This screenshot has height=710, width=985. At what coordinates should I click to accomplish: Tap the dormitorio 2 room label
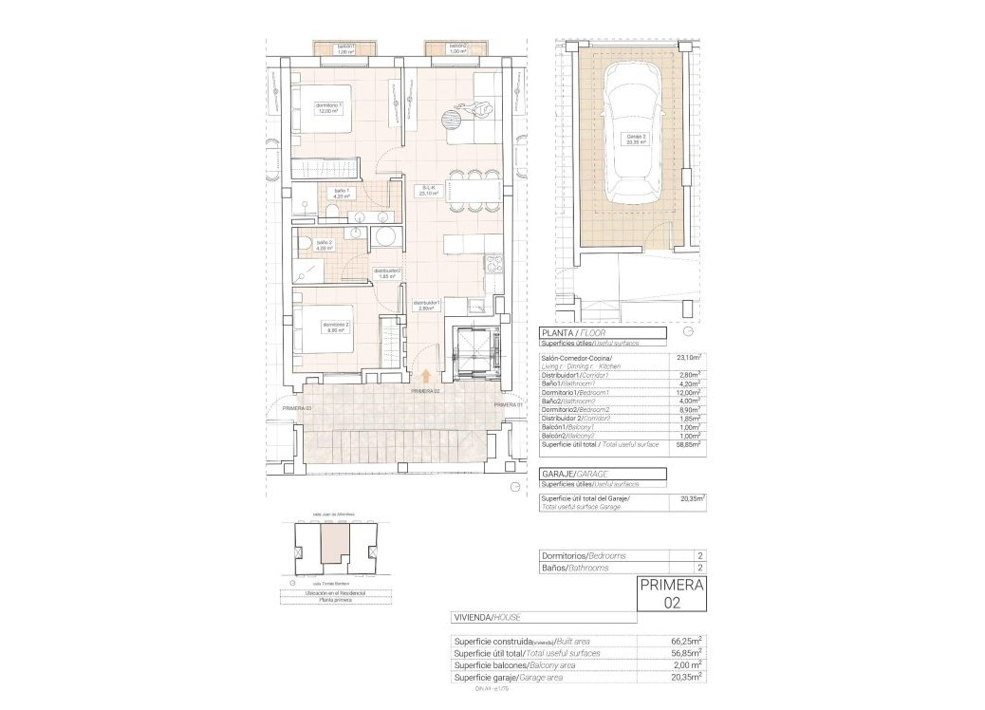[x=335, y=327]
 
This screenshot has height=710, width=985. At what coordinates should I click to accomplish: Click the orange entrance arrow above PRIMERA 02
[x=425, y=379]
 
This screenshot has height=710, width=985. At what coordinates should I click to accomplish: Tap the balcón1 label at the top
[x=345, y=48]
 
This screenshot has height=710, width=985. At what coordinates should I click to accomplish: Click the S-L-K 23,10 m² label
[x=429, y=191]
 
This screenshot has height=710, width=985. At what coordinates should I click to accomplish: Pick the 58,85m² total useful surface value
[x=689, y=443]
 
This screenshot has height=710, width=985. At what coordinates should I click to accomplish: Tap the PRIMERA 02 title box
[x=672, y=592]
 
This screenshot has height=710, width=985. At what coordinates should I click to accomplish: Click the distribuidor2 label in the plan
[x=386, y=273]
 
